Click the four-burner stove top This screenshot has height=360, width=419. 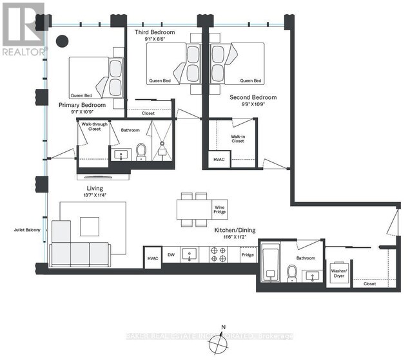[x=218, y=255]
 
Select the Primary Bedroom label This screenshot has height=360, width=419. [x=83, y=104]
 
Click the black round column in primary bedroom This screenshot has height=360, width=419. [x=63, y=41]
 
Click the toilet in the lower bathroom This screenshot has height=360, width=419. [x=291, y=275]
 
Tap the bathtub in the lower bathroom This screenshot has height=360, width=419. [x=269, y=264]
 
